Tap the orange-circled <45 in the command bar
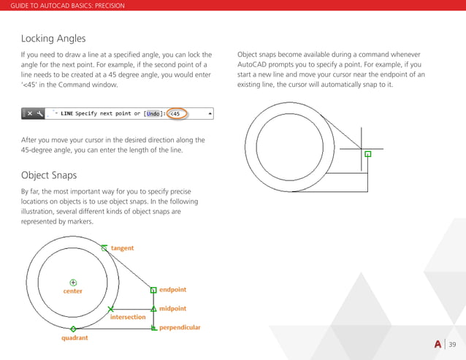tap(175, 114)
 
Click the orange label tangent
tap(122, 248)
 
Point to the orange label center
tap(72, 291)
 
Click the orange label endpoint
tap(172, 290)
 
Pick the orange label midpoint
tap(172, 309)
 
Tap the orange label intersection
tap(128, 318)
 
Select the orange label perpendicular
tap(180, 328)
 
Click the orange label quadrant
tap(75, 338)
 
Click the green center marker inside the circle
tap(72, 282)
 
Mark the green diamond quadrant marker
tap(74, 329)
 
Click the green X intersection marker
tap(110, 310)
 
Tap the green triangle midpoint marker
tap(153, 309)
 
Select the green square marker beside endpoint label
tap(153, 290)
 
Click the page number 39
tap(453, 345)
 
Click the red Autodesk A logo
tap(438, 345)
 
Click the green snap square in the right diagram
tap(367, 154)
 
